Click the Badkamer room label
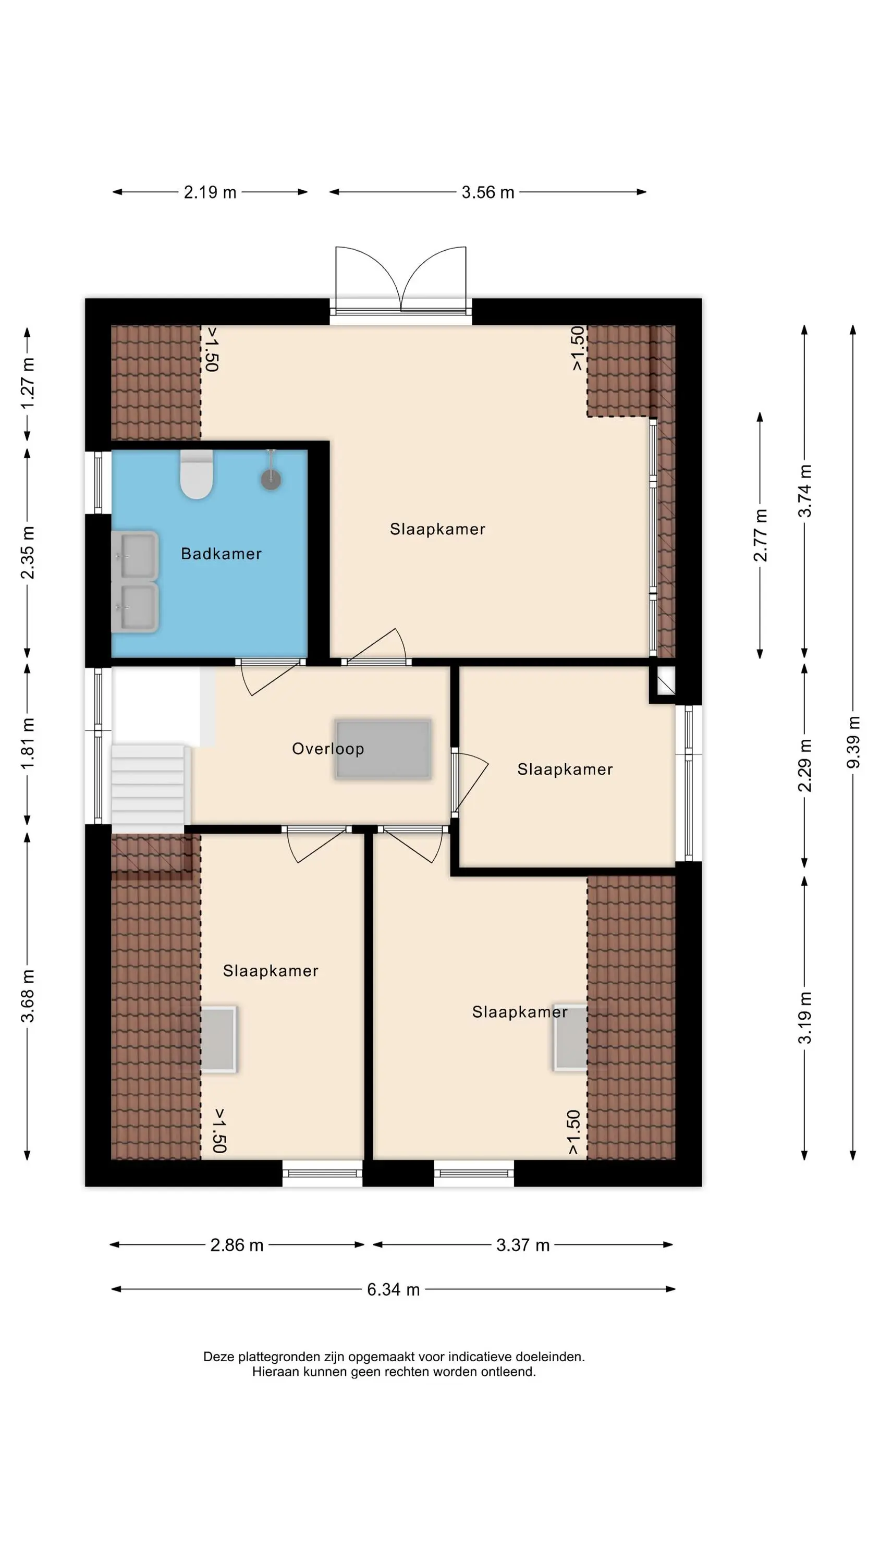tap(221, 554)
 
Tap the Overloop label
tap(328, 749)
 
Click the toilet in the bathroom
tap(197, 474)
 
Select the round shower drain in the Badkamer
tap(271, 480)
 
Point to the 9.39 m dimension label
tap(853, 742)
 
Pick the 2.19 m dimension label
tap(210, 192)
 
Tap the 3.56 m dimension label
tap(487, 192)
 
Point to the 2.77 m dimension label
tap(760, 535)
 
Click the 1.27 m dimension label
tap(27, 383)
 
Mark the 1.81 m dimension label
tap(27, 743)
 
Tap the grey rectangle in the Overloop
tap(383, 749)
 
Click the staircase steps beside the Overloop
tap(148, 788)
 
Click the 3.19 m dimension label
tap(805, 1018)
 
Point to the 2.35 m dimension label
tap(27, 553)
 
